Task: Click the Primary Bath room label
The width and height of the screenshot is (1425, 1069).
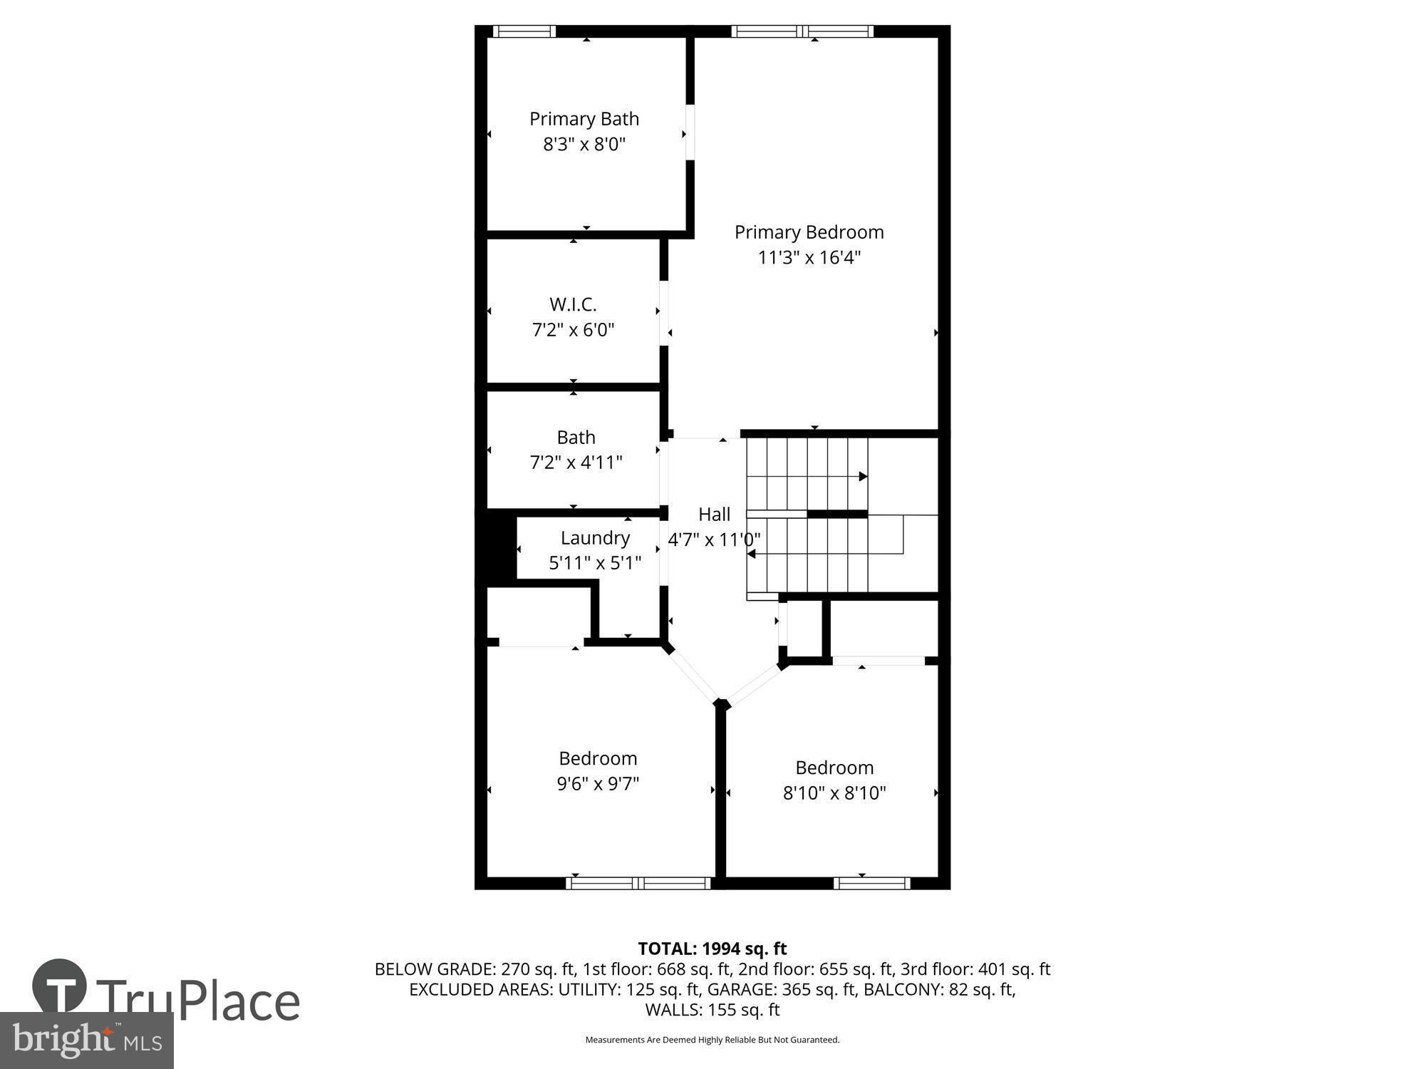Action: click(x=584, y=119)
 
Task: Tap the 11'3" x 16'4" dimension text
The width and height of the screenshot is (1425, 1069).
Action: click(x=809, y=258)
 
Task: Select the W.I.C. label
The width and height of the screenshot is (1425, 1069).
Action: click(x=573, y=305)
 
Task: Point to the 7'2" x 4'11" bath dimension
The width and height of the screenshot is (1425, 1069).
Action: click(x=576, y=463)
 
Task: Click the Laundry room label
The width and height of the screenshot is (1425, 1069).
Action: click(x=595, y=538)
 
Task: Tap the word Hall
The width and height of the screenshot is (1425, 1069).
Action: click(x=714, y=515)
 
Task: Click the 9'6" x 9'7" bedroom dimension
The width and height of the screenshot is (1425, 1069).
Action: click(x=597, y=784)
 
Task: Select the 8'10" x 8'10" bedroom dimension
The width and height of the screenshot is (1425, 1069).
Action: click(x=834, y=793)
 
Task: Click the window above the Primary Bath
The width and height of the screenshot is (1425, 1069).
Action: click(x=524, y=31)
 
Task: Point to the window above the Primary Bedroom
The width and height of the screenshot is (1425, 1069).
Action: click(x=802, y=31)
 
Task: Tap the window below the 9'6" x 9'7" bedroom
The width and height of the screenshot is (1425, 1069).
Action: click(x=638, y=884)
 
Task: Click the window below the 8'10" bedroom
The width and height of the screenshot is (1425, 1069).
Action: click(x=872, y=884)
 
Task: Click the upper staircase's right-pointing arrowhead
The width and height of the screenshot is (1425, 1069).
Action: click(x=863, y=477)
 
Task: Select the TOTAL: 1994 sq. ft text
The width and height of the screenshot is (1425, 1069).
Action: click(x=712, y=949)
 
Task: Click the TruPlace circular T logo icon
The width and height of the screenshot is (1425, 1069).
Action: click(x=60, y=987)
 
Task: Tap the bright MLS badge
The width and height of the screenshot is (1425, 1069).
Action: click(x=86, y=1040)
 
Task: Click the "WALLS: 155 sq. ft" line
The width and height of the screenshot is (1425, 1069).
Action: click(x=712, y=1010)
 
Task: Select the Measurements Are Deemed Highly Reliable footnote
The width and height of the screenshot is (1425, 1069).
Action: click(x=712, y=1040)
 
